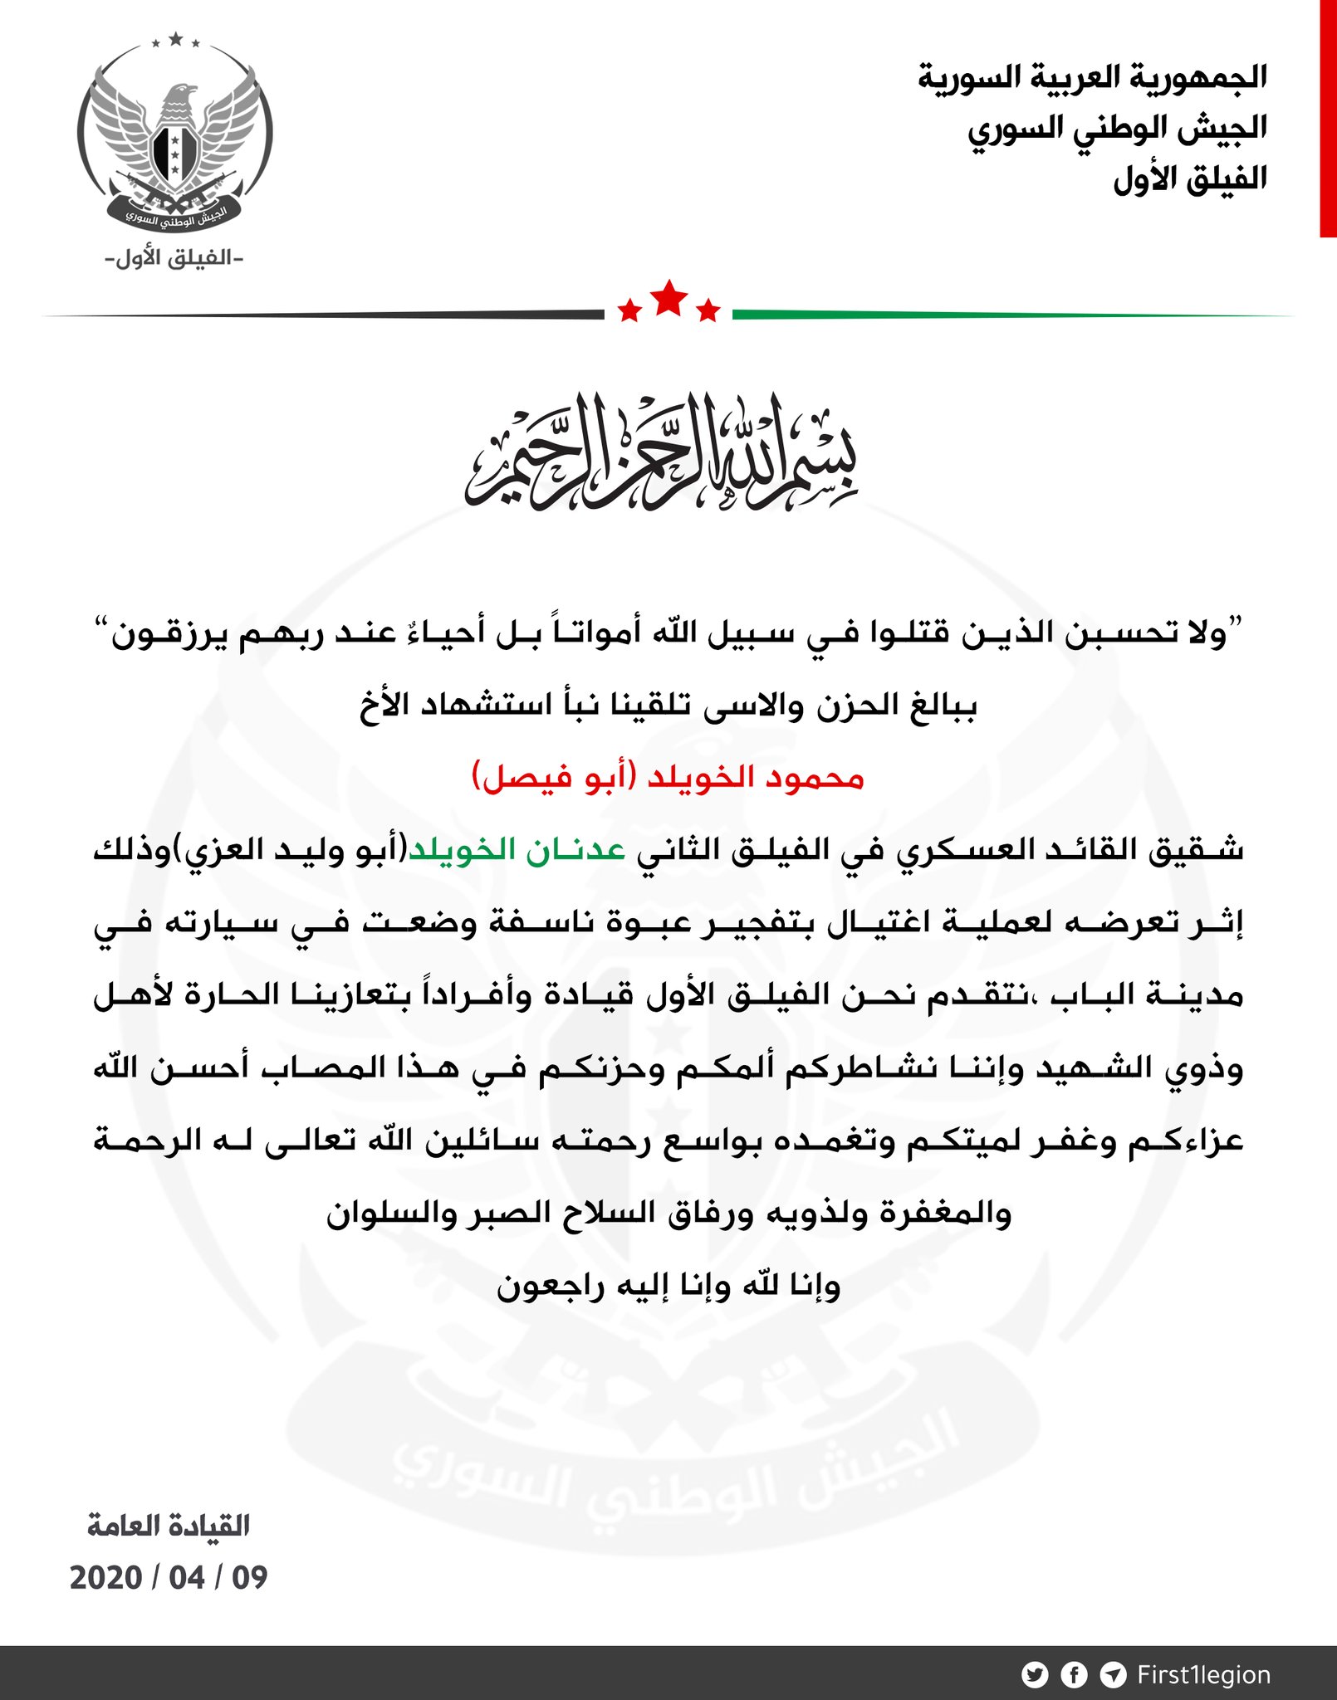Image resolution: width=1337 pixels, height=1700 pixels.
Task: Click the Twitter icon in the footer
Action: click(1035, 1675)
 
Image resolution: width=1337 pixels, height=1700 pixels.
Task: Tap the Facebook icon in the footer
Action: click(1074, 1675)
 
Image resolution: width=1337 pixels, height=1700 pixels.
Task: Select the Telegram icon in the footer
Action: click(1113, 1675)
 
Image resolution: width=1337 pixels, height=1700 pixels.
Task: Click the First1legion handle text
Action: click(1203, 1675)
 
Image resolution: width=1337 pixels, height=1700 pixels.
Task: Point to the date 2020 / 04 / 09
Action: click(169, 1578)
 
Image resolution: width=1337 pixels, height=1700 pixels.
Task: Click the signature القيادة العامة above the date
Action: click(169, 1526)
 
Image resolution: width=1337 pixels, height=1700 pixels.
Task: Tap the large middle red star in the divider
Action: click(669, 298)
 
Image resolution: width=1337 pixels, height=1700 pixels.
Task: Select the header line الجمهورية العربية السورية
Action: click(1092, 77)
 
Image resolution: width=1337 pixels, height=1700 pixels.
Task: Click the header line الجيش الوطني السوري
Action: click(1117, 129)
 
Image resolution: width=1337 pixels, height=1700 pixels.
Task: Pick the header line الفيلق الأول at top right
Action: click(1189, 179)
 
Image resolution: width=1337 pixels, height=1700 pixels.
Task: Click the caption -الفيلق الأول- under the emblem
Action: click(174, 258)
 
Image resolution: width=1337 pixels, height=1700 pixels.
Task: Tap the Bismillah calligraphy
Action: click(661, 452)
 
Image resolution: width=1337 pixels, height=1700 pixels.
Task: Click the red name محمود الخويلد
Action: click(756, 778)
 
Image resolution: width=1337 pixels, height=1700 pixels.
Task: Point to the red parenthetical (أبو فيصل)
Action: click(554, 778)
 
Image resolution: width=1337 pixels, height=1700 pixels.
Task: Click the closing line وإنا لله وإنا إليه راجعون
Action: click(668, 1286)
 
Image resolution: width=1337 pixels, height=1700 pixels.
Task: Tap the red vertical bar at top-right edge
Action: click(1328, 119)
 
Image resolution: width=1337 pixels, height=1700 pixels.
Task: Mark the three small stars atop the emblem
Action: click(175, 40)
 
